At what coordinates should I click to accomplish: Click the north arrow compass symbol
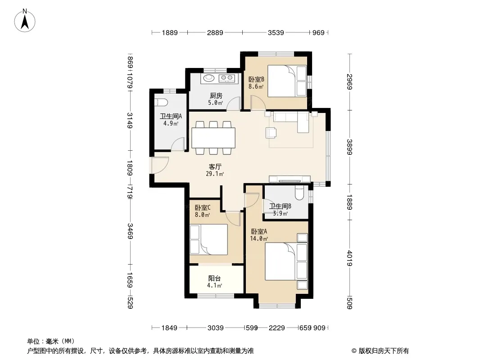(x=25, y=21)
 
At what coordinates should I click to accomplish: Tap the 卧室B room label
(x=256, y=79)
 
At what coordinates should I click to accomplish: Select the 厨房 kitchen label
(x=216, y=96)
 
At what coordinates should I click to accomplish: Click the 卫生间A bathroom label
(x=171, y=116)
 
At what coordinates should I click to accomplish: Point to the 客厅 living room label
(x=215, y=166)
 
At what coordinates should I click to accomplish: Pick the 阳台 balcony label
(x=215, y=279)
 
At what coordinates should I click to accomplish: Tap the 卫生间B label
(x=280, y=206)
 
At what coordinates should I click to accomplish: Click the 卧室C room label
(x=203, y=208)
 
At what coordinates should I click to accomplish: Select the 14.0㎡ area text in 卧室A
(x=259, y=238)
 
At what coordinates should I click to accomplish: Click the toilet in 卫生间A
(x=161, y=102)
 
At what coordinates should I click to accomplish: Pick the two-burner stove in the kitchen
(x=227, y=78)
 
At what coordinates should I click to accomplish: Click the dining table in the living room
(x=213, y=138)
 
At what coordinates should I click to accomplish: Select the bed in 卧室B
(x=287, y=81)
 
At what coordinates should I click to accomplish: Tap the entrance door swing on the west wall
(x=160, y=166)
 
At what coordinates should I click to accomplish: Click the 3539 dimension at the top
(x=276, y=32)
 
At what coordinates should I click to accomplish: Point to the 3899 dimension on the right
(x=349, y=147)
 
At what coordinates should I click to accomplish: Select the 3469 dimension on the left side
(x=130, y=231)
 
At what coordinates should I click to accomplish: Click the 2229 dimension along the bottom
(x=277, y=328)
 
